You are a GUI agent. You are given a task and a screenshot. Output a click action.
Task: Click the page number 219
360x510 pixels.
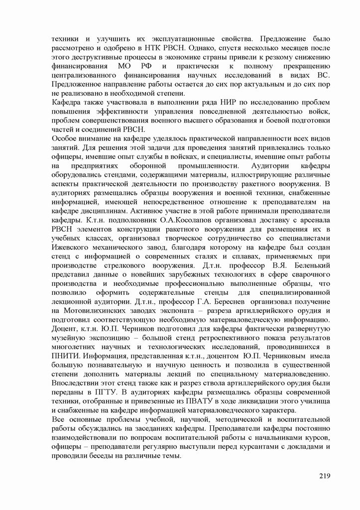tap(324, 490)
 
